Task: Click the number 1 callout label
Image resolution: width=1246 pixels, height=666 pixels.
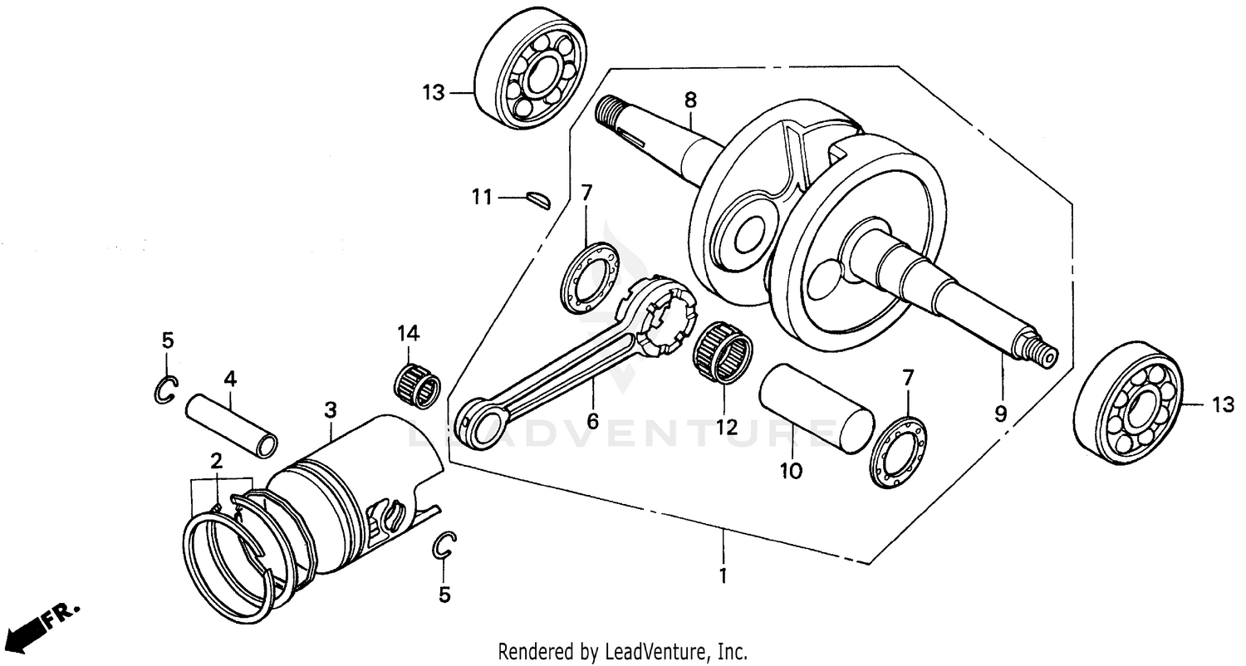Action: tap(723, 575)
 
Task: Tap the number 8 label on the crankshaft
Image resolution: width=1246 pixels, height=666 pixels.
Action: tap(690, 100)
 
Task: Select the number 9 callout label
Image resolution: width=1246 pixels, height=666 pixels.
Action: tap(1001, 414)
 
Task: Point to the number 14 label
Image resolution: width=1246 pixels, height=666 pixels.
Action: tap(408, 334)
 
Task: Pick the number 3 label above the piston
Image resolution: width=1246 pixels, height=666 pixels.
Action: tap(331, 409)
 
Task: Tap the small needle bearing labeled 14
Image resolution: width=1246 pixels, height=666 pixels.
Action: tap(416, 384)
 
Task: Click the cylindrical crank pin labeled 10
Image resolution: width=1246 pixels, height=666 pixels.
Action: tap(817, 408)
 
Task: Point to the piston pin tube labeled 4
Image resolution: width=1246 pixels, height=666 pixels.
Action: tap(232, 424)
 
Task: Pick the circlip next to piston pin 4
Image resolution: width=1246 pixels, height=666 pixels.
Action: tap(166, 389)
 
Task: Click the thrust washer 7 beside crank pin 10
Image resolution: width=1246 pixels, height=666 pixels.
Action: tap(899, 453)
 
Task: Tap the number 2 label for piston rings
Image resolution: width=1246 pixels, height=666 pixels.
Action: tap(217, 462)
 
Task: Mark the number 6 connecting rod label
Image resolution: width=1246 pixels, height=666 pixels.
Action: tap(592, 421)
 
